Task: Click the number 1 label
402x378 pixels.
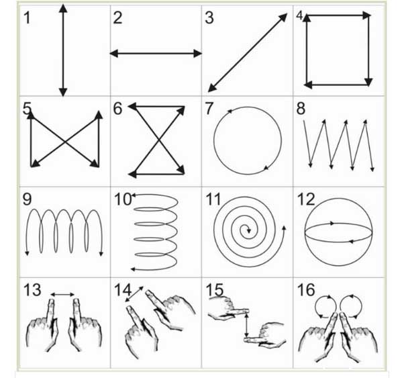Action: (27, 18)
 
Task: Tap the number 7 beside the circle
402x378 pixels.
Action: (209, 108)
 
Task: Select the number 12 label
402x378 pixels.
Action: (306, 199)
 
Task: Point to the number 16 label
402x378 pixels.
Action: (305, 290)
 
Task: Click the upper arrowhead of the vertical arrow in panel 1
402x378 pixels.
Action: (63, 8)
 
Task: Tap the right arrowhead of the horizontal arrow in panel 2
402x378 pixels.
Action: (198, 54)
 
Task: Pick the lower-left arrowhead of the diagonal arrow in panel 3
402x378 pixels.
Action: (212, 88)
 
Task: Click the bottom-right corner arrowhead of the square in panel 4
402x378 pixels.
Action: (368, 82)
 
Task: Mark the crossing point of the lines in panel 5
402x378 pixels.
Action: (64, 141)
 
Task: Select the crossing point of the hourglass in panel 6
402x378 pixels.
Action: (159, 140)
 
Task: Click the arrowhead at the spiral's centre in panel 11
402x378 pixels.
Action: (248, 231)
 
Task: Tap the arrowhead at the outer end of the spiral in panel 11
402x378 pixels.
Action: (284, 228)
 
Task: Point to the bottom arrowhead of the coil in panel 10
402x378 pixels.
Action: (133, 269)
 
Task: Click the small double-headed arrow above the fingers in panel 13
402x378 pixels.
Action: (62, 295)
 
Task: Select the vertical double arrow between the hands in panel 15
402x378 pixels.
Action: (246, 326)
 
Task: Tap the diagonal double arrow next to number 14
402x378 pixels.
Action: (134, 294)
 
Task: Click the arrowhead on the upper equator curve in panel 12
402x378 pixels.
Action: (332, 224)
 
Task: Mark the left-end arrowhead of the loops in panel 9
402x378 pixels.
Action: (27, 253)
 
